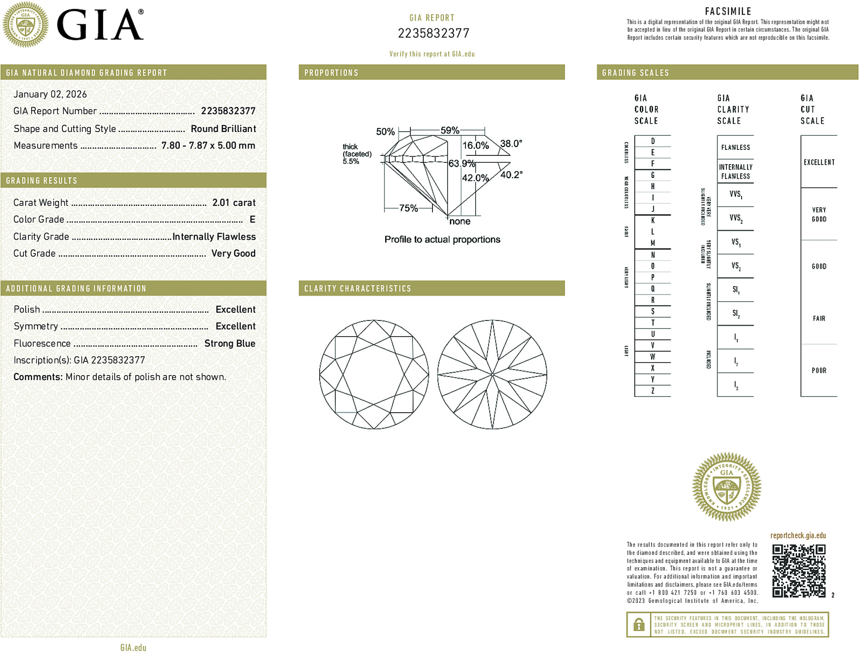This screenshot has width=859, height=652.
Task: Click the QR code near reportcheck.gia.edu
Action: tap(798, 571)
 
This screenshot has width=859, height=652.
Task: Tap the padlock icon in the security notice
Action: tap(639, 624)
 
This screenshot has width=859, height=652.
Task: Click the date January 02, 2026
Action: tap(50, 94)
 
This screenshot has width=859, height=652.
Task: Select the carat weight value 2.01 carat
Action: tap(234, 203)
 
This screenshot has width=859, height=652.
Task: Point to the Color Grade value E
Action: tap(252, 220)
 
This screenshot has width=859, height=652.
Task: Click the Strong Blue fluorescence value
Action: tap(230, 343)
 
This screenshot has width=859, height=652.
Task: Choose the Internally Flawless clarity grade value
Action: tap(214, 237)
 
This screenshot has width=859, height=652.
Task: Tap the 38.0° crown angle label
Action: tap(511, 144)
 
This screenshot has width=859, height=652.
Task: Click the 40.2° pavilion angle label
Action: tap(511, 175)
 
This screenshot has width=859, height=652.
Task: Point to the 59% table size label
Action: tap(450, 130)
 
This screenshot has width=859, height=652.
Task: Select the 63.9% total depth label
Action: tap(461, 163)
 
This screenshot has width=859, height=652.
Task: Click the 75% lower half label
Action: tap(408, 208)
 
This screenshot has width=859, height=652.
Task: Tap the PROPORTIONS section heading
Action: tap(331, 73)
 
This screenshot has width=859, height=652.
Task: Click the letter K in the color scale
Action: tap(653, 221)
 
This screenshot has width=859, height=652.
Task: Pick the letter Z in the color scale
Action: tap(653, 391)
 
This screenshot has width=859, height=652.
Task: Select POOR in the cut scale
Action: tap(819, 370)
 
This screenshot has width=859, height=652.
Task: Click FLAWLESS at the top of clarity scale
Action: tap(735, 148)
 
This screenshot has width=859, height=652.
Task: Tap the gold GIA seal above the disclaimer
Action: tap(726, 487)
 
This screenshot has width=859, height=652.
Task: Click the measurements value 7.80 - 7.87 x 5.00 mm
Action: tap(208, 146)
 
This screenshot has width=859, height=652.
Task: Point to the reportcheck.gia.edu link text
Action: tap(798, 536)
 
